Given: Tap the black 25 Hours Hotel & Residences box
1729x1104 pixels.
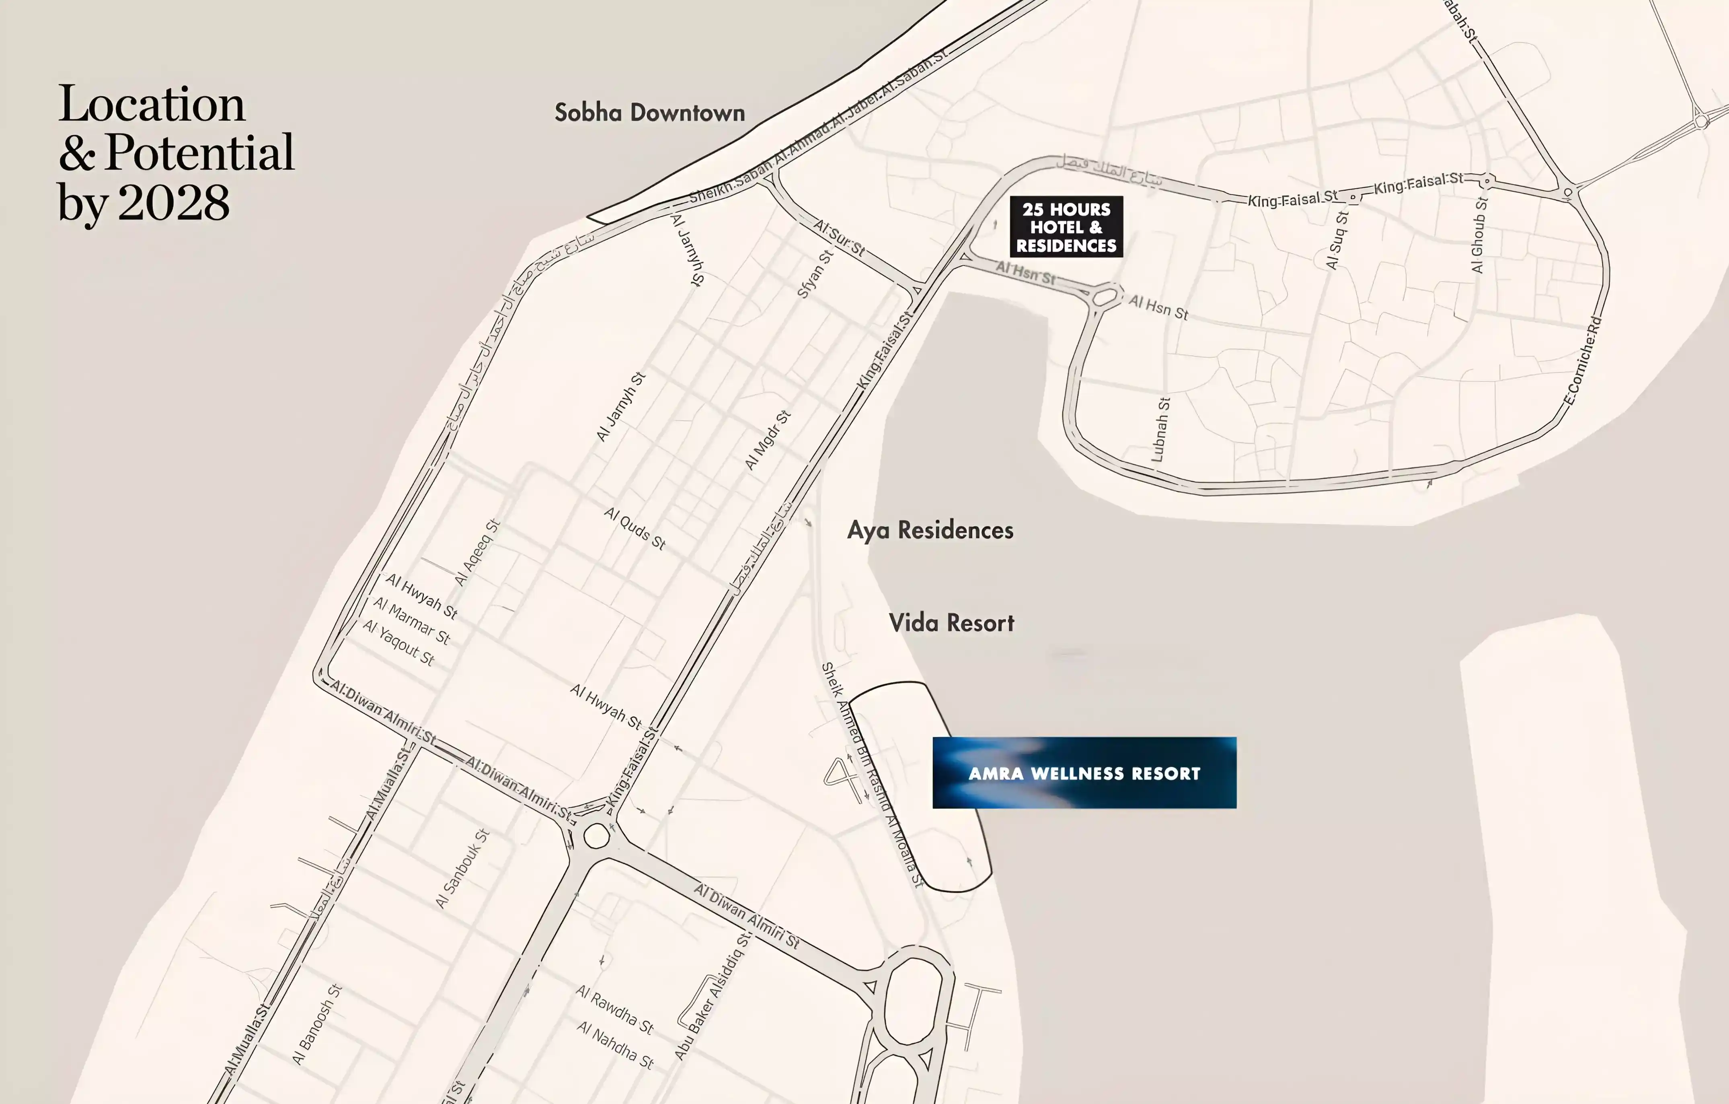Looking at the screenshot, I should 1066,227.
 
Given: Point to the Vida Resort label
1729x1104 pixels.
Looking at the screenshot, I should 951,623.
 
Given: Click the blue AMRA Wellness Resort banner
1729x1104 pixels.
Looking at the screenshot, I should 1084,773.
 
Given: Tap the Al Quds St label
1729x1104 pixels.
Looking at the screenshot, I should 635,528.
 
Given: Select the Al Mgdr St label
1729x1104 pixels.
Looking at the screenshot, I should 767,440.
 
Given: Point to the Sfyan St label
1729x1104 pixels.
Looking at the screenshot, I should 815,274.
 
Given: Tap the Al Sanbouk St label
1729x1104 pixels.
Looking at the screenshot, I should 462,868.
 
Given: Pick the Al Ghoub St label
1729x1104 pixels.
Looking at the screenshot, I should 1479,235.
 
